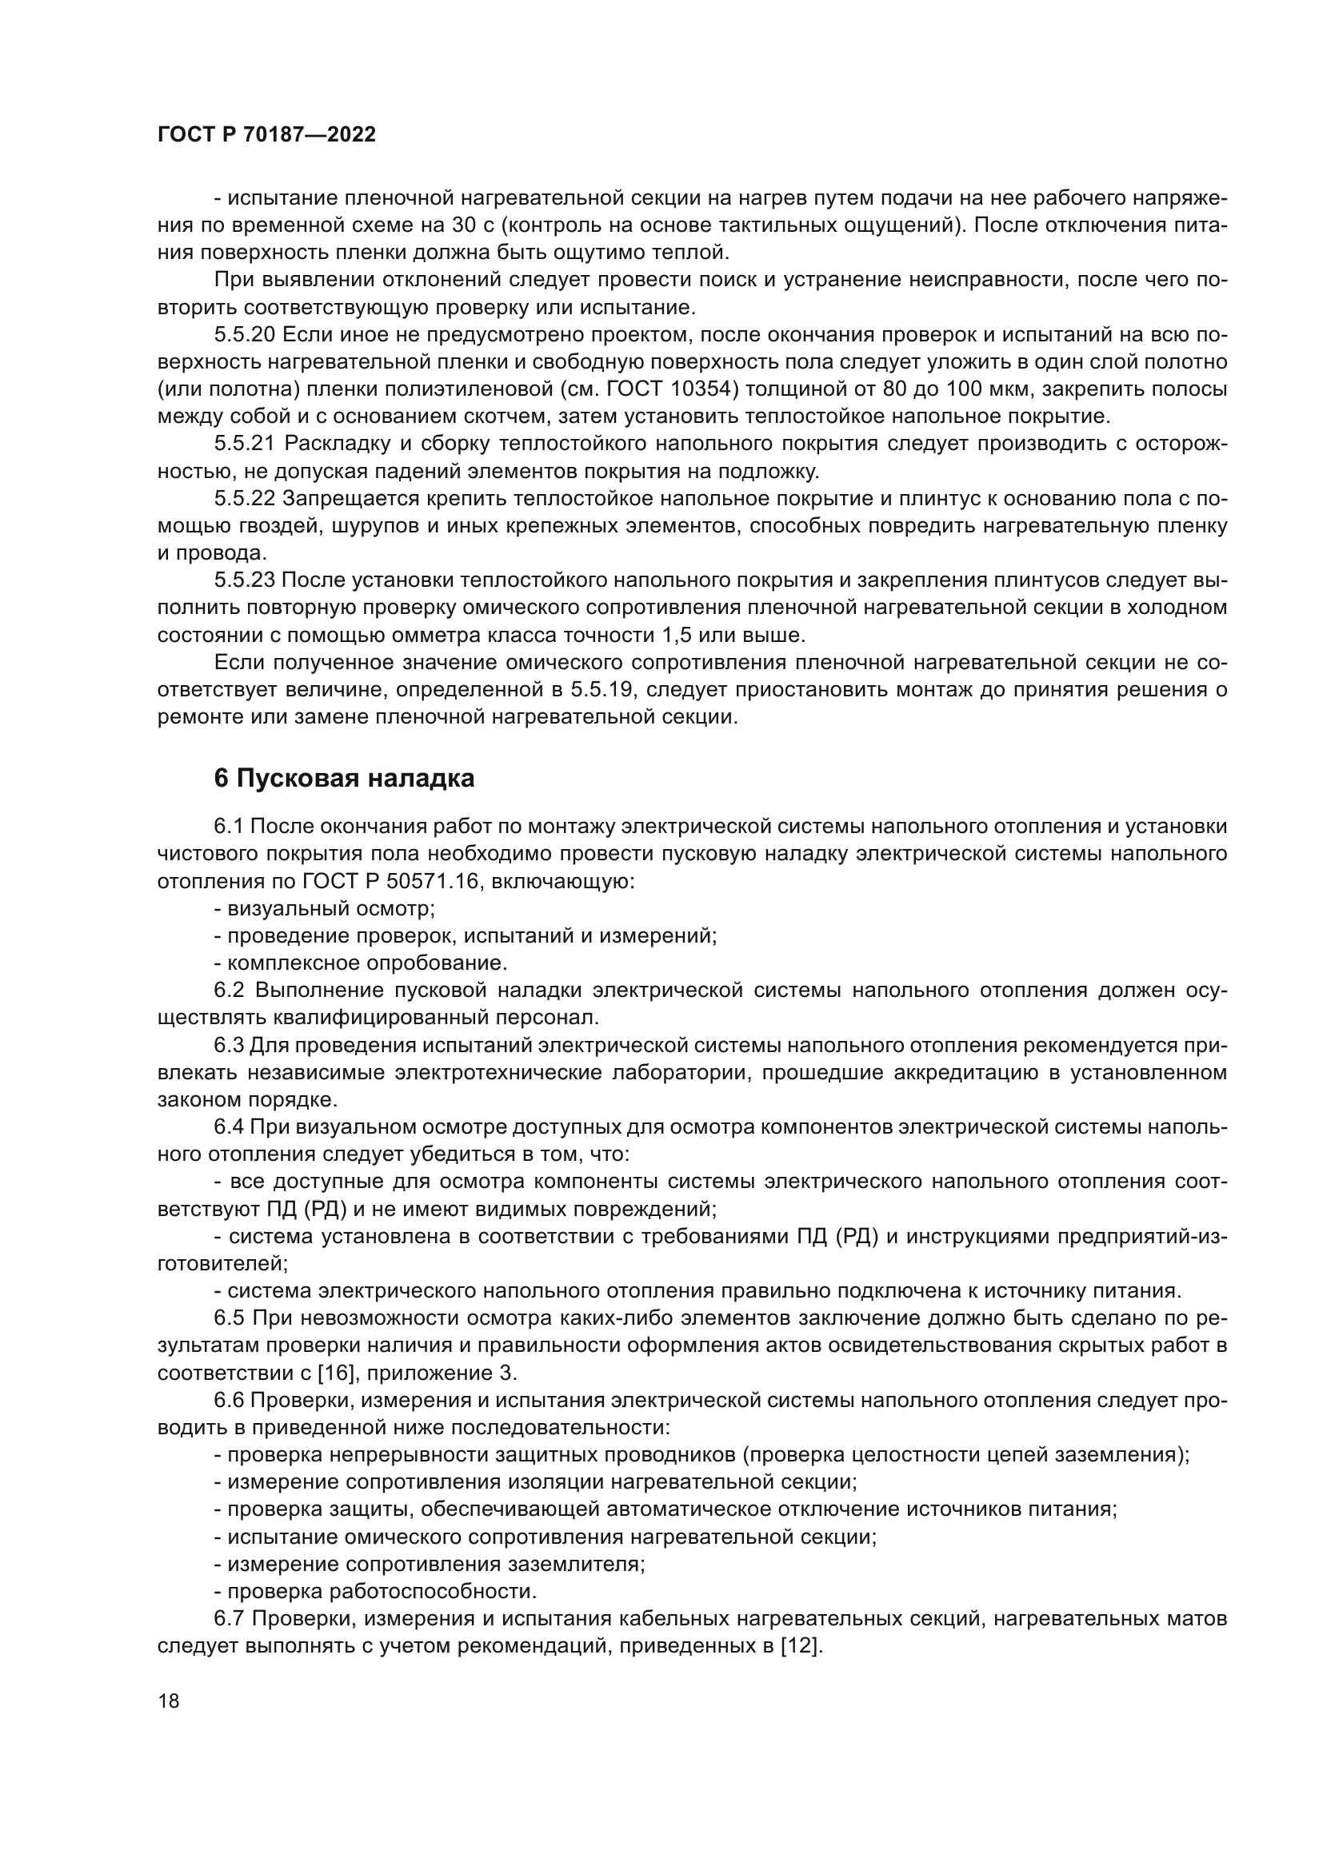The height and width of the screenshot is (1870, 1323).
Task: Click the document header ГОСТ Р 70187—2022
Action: point(266,135)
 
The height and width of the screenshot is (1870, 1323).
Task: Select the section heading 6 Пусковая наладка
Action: point(344,779)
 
